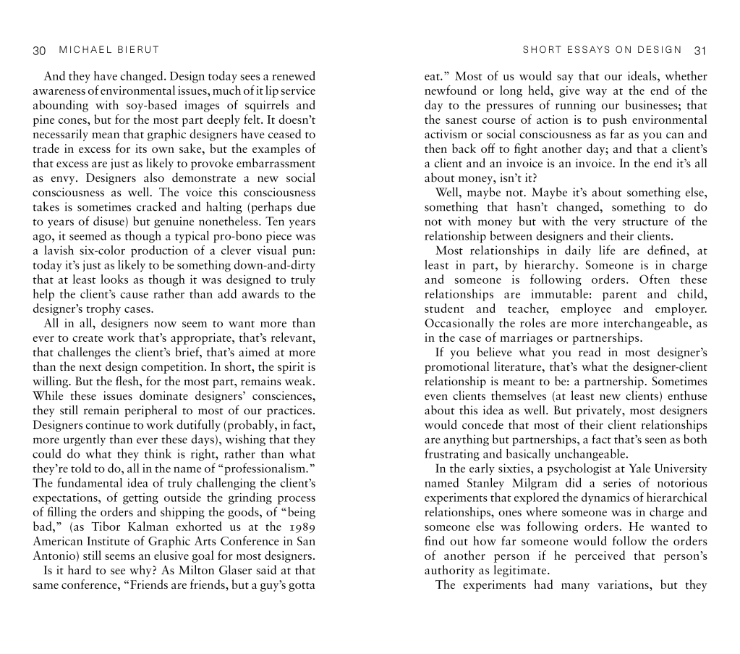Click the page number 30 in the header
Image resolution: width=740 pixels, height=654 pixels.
pyautogui.click(x=39, y=50)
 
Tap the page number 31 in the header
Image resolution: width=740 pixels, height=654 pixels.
pyautogui.click(x=699, y=50)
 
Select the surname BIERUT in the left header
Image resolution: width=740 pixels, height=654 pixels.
pyautogui.click(x=136, y=50)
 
